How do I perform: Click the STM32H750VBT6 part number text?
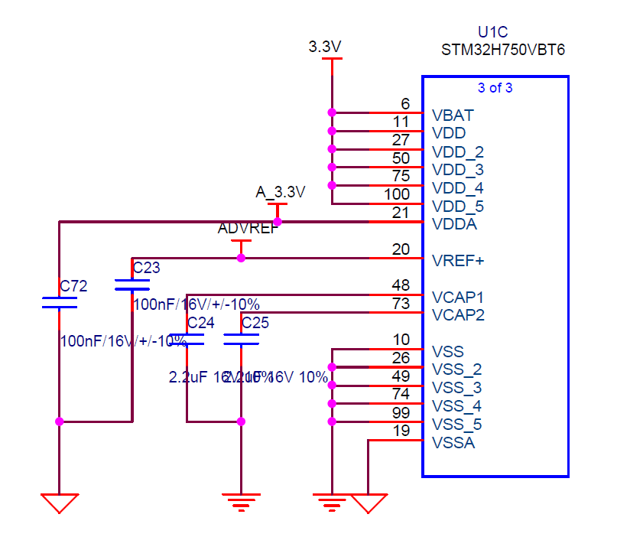503,50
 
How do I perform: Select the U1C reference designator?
493,32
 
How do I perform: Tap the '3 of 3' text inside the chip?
495,87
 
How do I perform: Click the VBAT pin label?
453,116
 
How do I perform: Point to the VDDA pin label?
454,224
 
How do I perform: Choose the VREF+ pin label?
458,261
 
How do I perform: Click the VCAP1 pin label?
458,297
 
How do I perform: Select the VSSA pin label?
453,442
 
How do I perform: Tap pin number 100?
397,194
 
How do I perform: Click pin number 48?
401,285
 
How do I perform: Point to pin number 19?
401,430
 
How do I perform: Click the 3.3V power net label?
324,47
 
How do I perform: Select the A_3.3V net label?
280,192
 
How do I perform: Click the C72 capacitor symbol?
59,303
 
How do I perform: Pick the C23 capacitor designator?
147,267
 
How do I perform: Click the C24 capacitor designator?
200,323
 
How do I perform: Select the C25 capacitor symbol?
241,339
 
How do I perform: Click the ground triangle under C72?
59,503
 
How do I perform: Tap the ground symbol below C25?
241,502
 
